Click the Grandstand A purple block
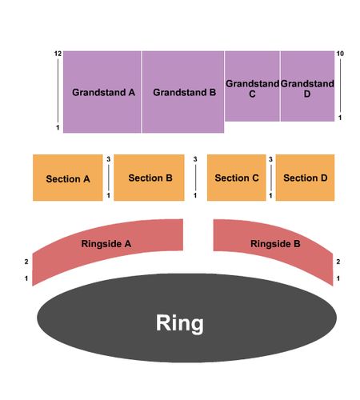coord(102,92)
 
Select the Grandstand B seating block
coord(183,92)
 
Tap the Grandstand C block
coord(252,86)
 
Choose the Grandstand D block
coord(307,86)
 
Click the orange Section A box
coord(68,178)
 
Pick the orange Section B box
coord(149,178)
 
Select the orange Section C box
coord(237,178)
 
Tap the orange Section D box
coord(305,178)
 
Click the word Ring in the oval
coord(180,323)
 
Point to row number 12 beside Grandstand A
coord(58,54)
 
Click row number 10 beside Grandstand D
coord(340,54)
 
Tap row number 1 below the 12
coord(58,127)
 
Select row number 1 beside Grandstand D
coord(340,118)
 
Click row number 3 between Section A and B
coord(109,159)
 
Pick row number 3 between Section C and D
coord(270,159)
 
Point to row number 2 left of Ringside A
coord(26,262)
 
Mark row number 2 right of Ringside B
coord(338,262)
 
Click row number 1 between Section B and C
coord(195,195)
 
